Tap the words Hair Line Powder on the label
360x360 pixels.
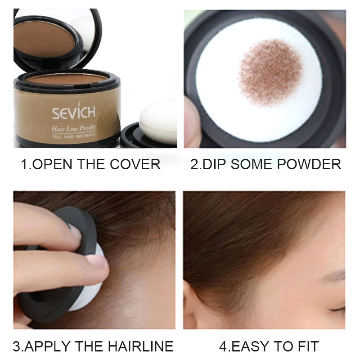pos(74,130)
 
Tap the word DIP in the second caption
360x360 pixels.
pos(216,164)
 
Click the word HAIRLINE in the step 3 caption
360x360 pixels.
pos(140,346)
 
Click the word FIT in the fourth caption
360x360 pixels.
pos(307,346)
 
